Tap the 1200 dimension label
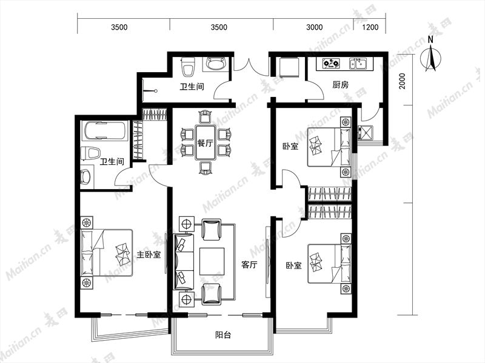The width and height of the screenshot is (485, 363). click(x=370, y=27)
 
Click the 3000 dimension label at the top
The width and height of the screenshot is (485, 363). click(x=314, y=27)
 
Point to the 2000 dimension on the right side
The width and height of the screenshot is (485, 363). click(x=402, y=81)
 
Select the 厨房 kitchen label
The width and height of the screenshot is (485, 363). click(x=341, y=85)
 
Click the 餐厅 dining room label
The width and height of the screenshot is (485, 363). click(x=205, y=143)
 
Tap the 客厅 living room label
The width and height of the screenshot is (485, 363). click(x=249, y=265)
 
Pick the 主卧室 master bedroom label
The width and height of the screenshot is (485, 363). click(x=149, y=255)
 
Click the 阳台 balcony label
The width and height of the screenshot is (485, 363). click(x=223, y=335)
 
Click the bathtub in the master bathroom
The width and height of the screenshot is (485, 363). click(x=104, y=131)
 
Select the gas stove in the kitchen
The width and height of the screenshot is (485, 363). click(x=330, y=64)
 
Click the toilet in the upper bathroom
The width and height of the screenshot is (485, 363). click(x=188, y=67)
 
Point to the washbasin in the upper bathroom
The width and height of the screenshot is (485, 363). click(x=215, y=64)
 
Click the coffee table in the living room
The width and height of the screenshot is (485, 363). click(x=212, y=261)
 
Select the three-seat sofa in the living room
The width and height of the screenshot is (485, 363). click(x=184, y=262)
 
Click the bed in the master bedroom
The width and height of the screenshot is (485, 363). click(x=107, y=253)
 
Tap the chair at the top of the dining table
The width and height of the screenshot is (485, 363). click(x=206, y=117)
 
